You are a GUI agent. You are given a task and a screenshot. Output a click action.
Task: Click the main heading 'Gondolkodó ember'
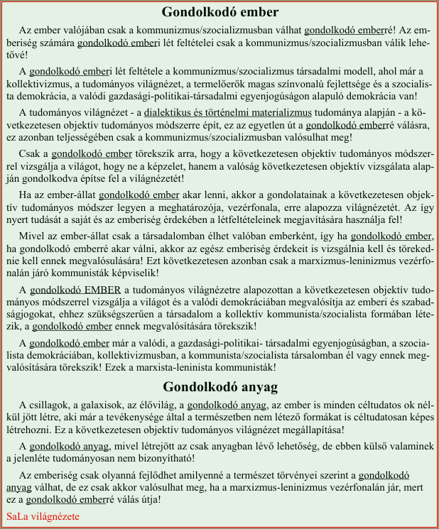pos(220,13)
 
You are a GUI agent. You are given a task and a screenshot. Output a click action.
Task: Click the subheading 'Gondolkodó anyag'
pos(220,387)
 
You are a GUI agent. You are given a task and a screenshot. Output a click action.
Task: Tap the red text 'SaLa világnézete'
pos(43,516)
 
